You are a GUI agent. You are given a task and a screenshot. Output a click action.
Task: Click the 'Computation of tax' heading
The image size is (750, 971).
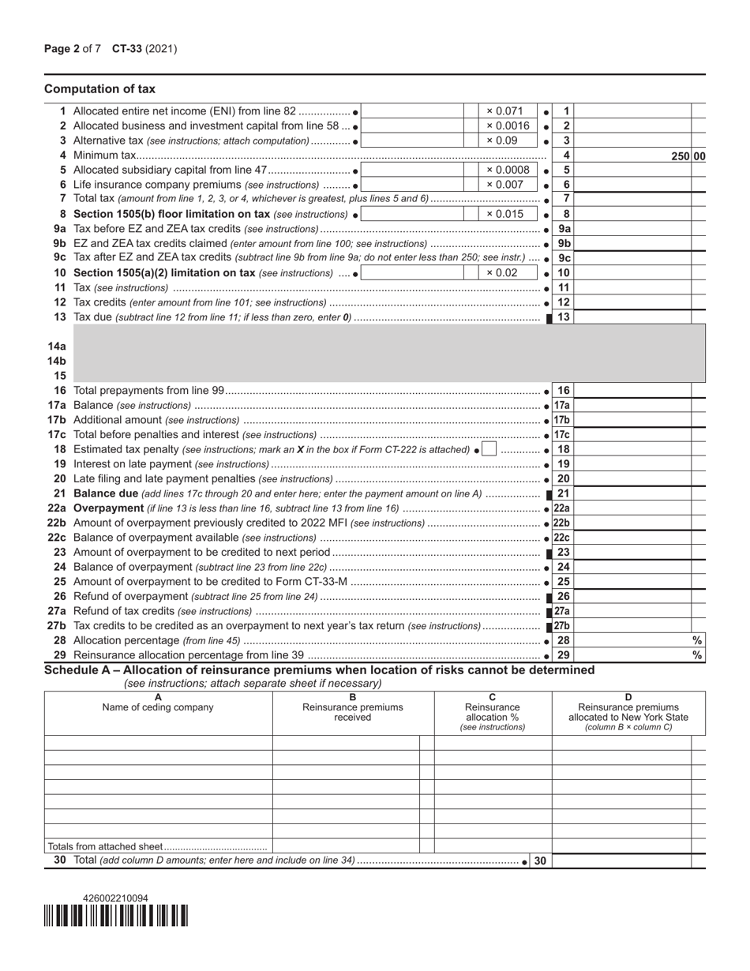(x=99, y=89)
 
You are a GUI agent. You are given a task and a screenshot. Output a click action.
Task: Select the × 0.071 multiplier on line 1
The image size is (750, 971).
(x=504, y=111)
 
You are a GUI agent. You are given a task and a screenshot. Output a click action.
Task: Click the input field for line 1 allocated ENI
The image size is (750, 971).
(x=413, y=111)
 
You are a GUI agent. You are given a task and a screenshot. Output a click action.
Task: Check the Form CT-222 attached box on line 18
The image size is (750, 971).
(x=489, y=449)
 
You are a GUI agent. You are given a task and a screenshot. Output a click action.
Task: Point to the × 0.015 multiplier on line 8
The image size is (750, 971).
(x=504, y=214)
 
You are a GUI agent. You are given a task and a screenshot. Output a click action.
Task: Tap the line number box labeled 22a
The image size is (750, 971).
(x=562, y=508)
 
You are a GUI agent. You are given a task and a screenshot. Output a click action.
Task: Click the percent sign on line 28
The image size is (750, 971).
(x=697, y=641)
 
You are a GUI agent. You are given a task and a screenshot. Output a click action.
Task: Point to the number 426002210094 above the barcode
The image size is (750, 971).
(x=115, y=898)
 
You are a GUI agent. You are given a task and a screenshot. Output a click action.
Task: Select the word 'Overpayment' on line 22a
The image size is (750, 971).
(x=108, y=508)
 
